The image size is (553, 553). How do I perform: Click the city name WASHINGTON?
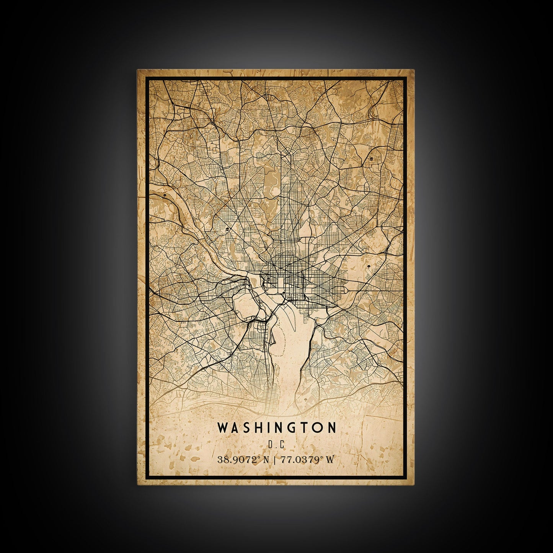click(277, 427)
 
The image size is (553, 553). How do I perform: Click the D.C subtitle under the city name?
click(276, 445)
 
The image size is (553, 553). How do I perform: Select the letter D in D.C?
click(271, 445)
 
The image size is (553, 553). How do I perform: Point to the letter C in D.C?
click(281, 445)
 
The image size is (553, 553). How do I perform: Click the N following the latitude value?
click(266, 460)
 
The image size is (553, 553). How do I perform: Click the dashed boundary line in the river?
click(285, 337)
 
